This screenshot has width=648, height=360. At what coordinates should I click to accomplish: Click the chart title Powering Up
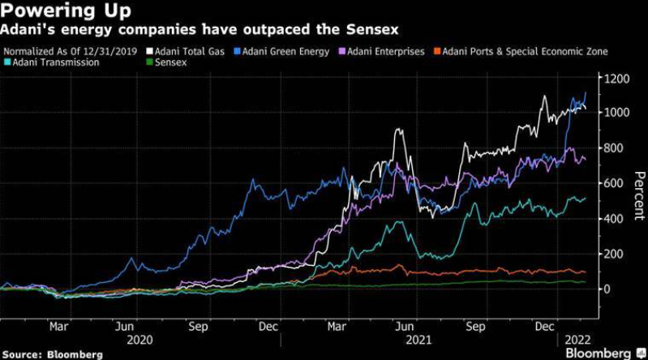[66, 11]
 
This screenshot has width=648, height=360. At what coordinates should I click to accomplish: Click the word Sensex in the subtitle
[372, 29]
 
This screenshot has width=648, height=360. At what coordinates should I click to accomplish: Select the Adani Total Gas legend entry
[186, 52]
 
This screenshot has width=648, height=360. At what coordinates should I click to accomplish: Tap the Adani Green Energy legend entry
[281, 52]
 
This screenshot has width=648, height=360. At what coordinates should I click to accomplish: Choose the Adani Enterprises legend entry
[382, 52]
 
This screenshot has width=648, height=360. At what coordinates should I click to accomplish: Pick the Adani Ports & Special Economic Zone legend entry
[521, 52]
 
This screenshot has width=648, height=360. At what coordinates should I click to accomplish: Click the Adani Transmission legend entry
[52, 62]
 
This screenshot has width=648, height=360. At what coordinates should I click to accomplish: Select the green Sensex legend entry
[166, 62]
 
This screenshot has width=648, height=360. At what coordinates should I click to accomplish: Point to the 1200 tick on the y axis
[616, 79]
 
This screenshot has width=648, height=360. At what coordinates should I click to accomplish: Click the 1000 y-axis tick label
[616, 113]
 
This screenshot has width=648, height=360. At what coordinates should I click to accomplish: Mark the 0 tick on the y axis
[607, 289]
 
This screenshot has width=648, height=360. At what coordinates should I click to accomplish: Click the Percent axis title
[639, 195]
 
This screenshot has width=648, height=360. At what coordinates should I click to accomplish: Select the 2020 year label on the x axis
[139, 341]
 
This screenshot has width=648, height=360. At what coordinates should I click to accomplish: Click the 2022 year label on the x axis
[577, 341]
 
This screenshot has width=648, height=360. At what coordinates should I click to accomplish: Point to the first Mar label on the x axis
[58, 327]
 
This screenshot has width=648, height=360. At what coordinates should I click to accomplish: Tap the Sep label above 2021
[476, 327]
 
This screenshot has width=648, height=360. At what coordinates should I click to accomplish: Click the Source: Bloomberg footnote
[53, 354]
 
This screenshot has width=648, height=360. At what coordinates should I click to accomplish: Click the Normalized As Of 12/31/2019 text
[71, 52]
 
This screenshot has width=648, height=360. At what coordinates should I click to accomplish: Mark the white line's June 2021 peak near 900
[399, 130]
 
